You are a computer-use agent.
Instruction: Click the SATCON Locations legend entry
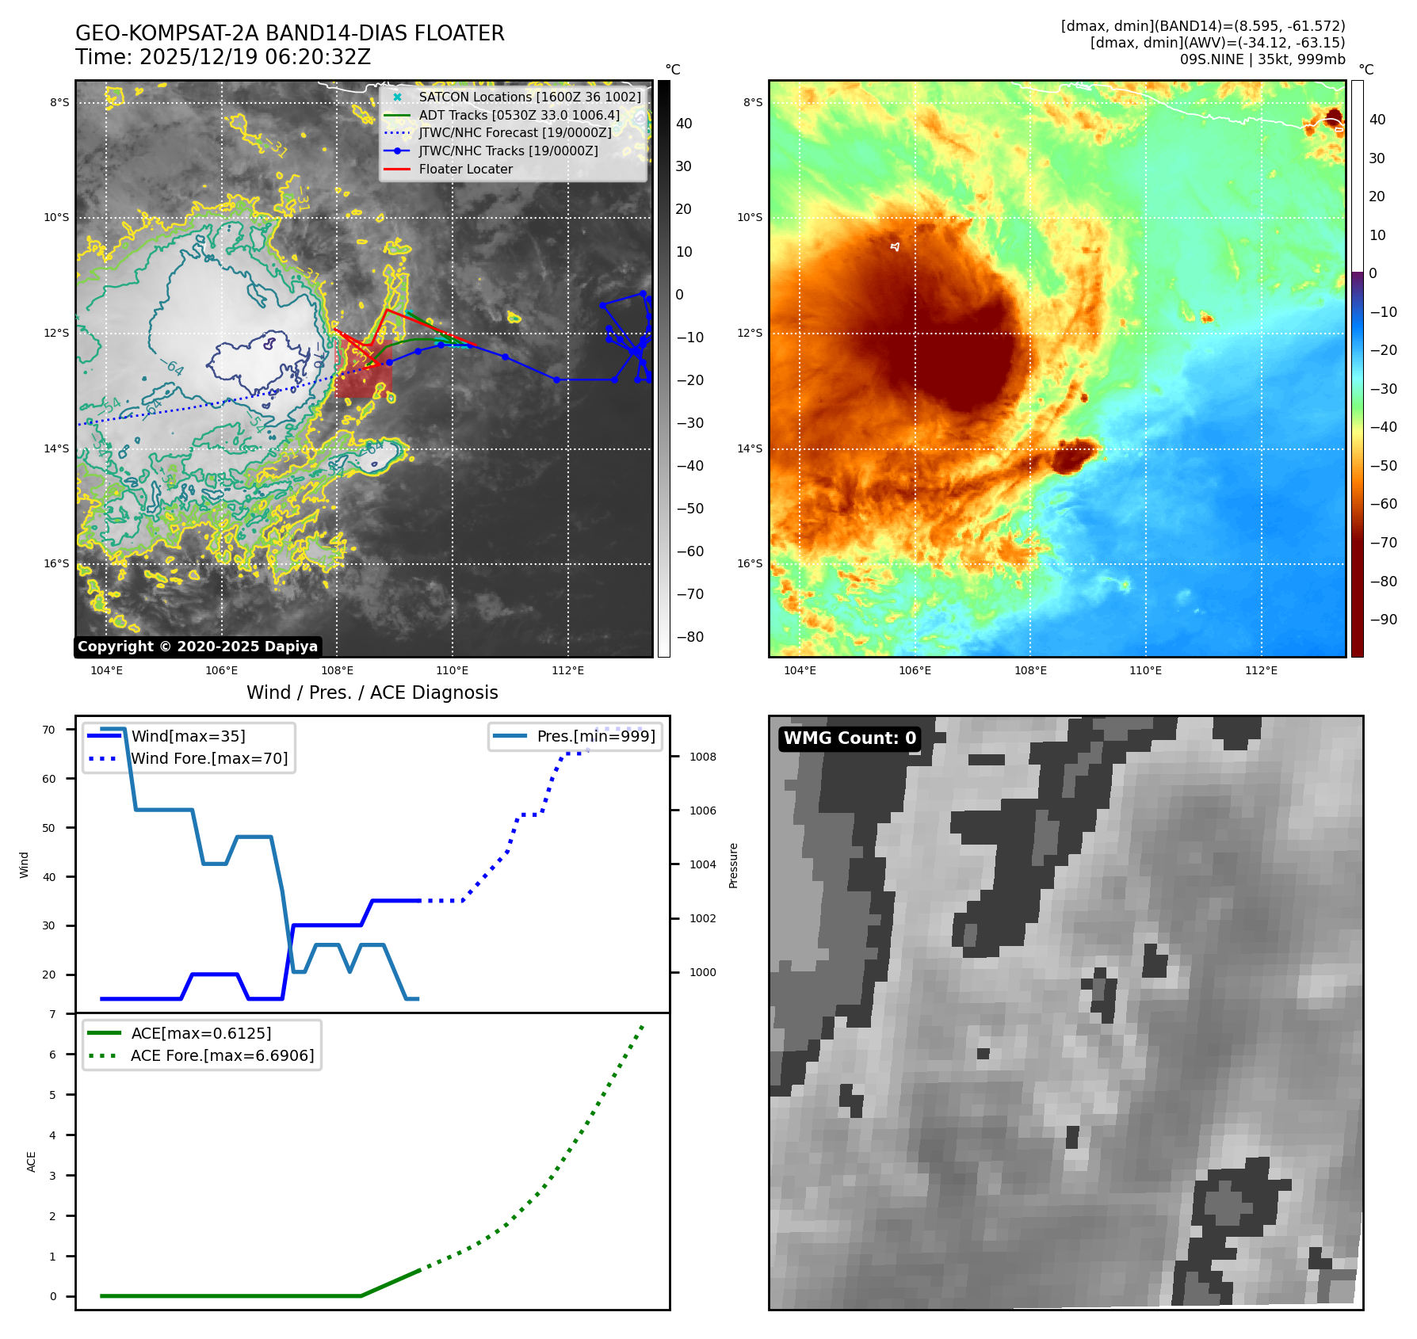(529, 97)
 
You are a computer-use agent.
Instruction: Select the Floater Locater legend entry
(465, 169)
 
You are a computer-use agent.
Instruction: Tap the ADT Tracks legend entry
(519, 115)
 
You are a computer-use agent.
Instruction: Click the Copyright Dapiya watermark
(197, 647)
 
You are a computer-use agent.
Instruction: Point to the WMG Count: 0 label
(850, 738)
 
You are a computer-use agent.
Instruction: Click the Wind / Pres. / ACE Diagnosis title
(372, 692)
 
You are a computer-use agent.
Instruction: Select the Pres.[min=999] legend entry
(596, 736)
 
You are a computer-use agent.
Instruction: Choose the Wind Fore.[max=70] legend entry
(209, 758)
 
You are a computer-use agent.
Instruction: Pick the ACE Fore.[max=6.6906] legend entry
(222, 1055)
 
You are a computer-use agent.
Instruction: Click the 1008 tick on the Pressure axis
(702, 757)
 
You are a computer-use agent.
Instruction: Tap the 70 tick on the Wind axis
(49, 730)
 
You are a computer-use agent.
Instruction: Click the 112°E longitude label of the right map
(1261, 670)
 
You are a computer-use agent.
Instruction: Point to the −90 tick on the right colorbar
(1383, 620)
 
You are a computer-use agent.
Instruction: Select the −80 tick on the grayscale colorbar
(689, 637)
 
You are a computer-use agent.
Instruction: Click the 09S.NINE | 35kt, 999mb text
(1262, 59)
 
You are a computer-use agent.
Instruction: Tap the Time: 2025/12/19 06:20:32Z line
(223, 57)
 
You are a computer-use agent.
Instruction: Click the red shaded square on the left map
(364, 368)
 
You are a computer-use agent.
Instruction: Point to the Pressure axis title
(733, 865)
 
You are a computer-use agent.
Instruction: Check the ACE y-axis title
(32, 1162)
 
